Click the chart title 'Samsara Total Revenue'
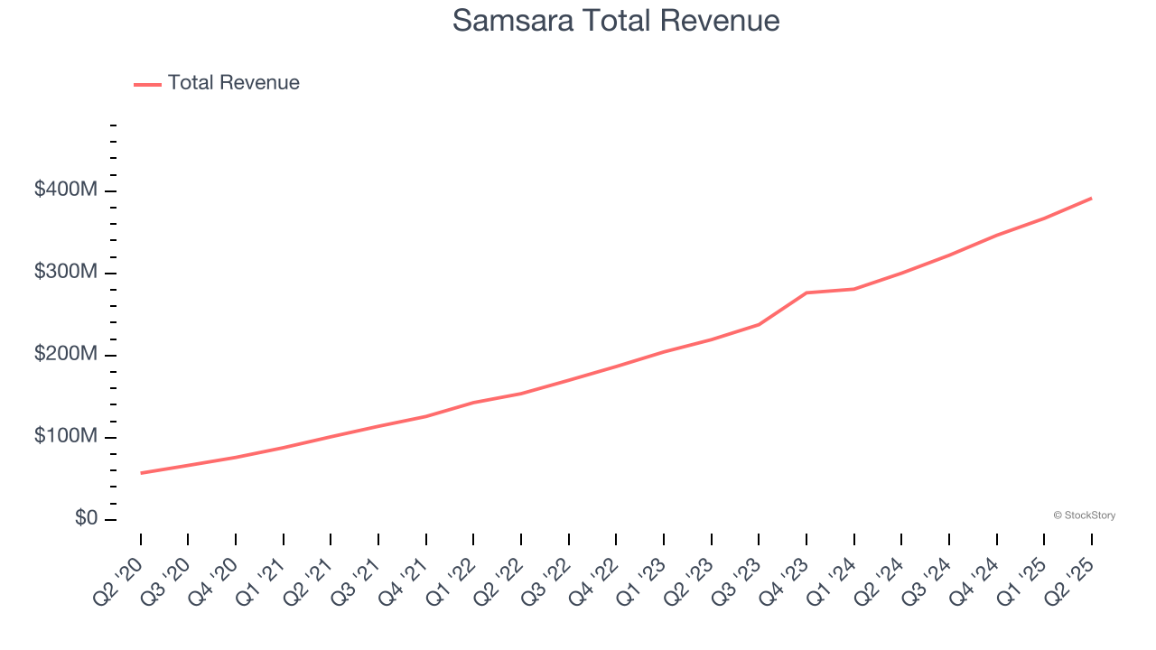coord(615,20)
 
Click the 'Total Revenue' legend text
coord(233,83)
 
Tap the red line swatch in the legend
coord(147,84)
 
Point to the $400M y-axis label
coord(67,190)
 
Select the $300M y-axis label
coord(67,273)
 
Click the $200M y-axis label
coord(67,355)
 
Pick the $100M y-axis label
coord(67,437)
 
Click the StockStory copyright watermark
coord(1084,515)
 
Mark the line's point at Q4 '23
coord(806,292)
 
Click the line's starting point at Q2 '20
coord(141,473)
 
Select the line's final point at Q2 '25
coord(1092,198)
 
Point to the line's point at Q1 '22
coord(474,403)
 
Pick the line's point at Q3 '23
coord(759,324)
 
